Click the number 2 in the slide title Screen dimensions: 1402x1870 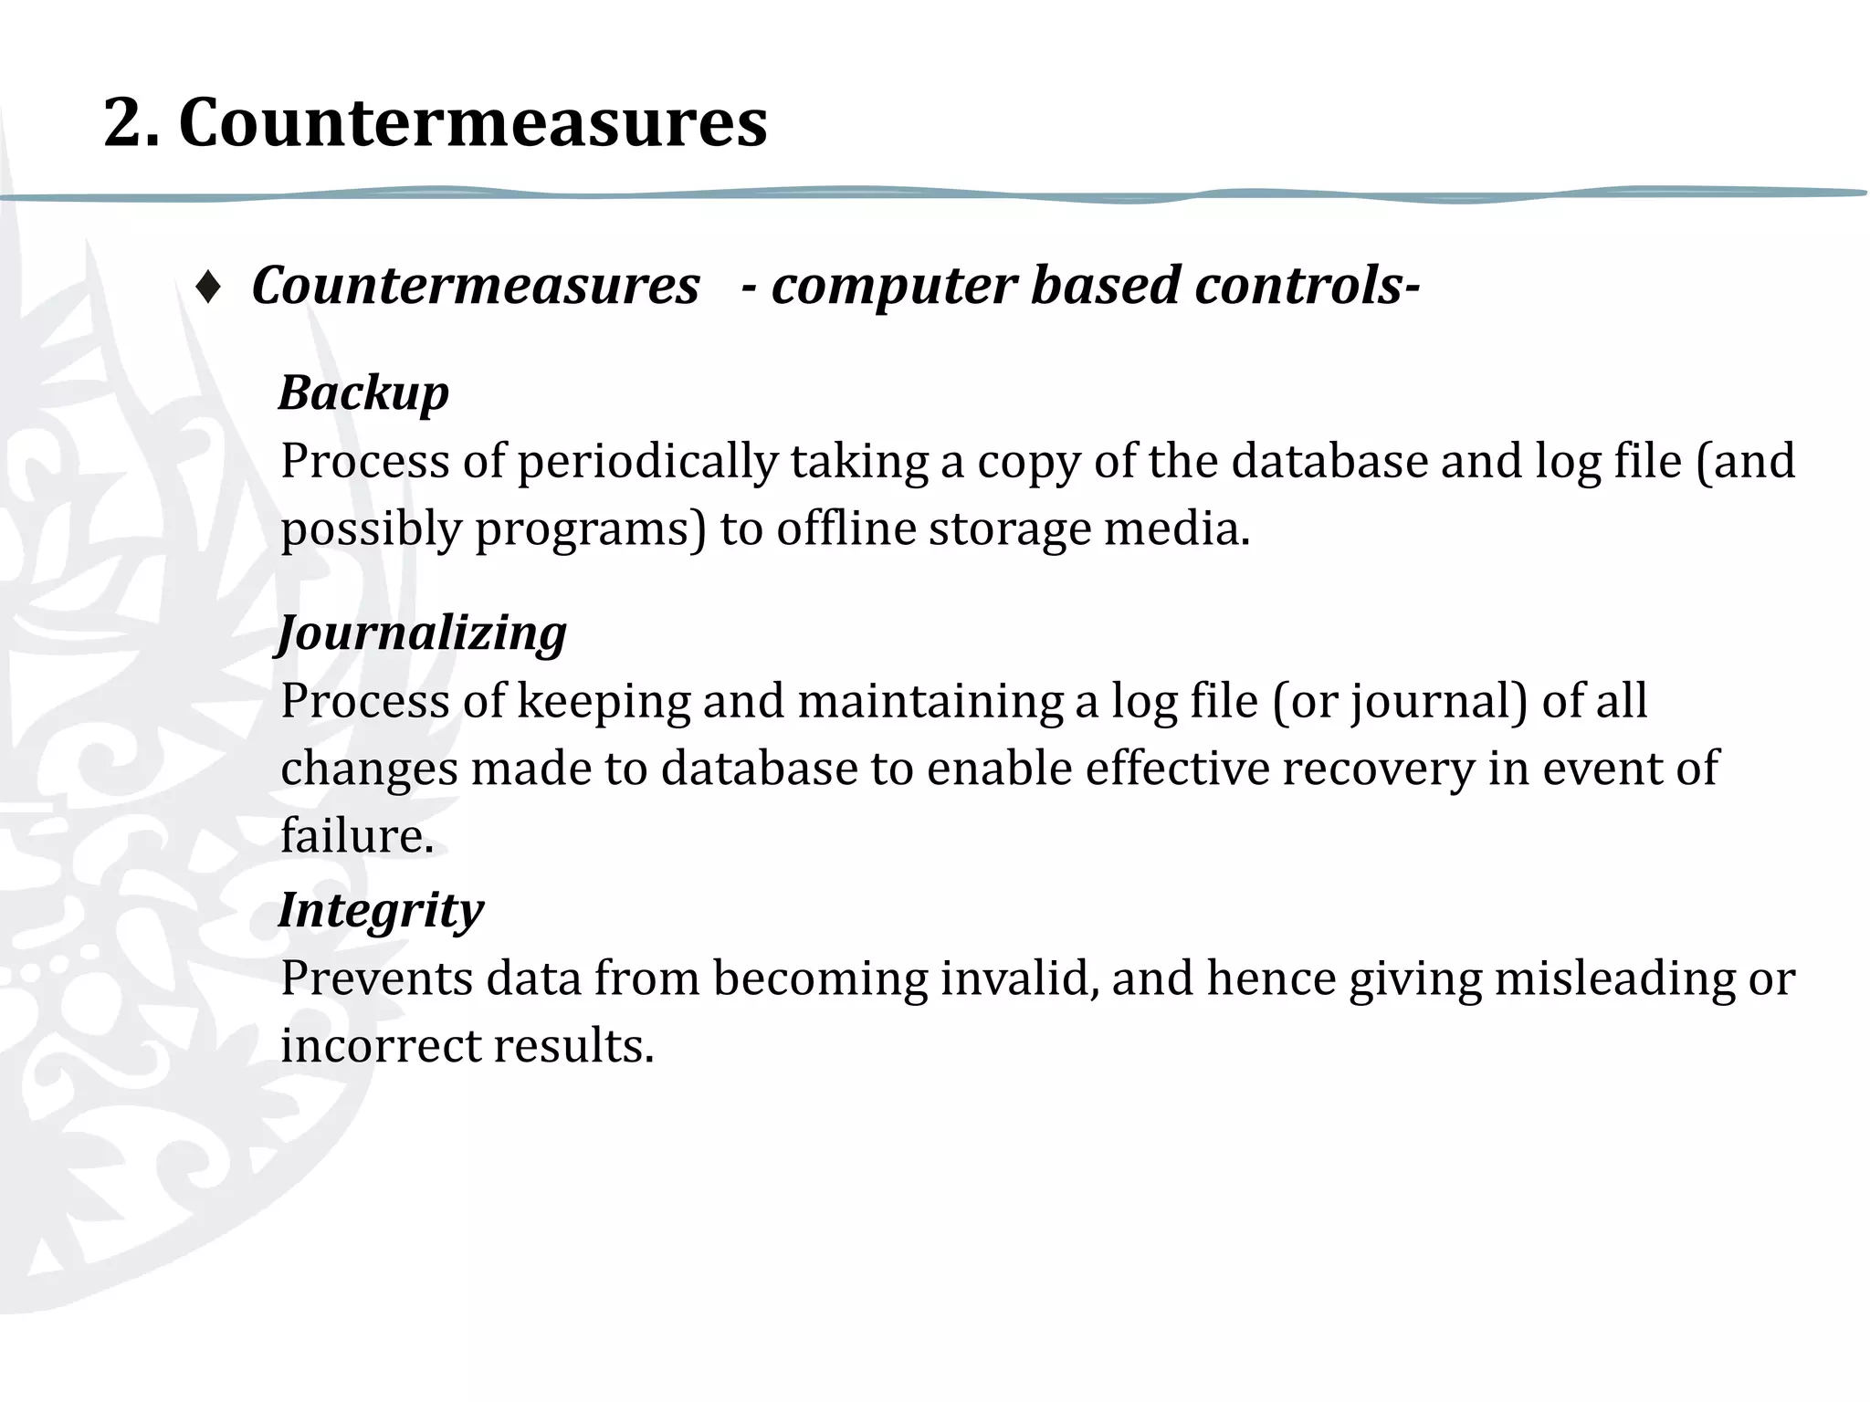coord(131,123)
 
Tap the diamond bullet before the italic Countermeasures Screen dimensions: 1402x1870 coord(208,288)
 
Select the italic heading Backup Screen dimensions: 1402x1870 coord(363,393)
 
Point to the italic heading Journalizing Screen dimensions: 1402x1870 coord(422,633)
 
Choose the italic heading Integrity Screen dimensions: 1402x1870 coord(381,910)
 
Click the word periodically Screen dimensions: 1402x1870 coord(647,462)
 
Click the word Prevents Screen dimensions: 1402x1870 coord(375,978)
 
